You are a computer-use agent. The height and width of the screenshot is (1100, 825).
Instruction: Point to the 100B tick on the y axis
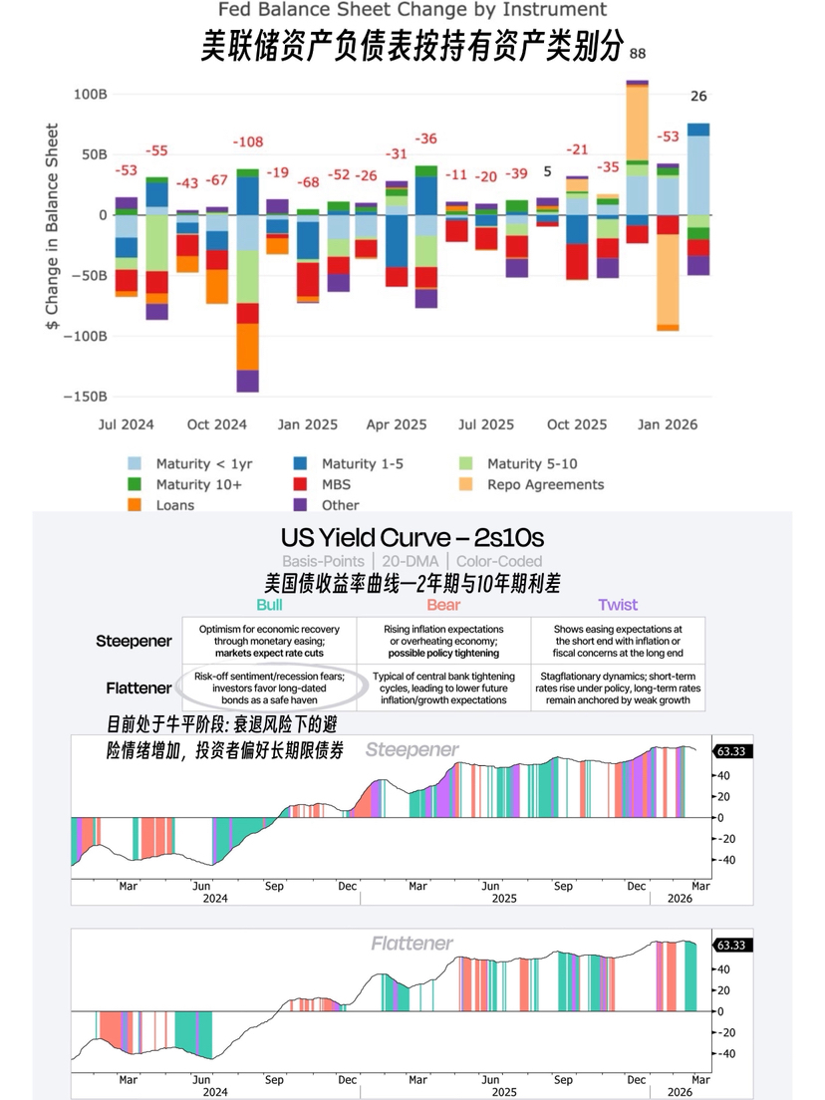pyautogui.click(x=90, y=95)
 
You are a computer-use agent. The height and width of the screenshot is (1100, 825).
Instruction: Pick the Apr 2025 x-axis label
pyautogui.click(x=397, y=424)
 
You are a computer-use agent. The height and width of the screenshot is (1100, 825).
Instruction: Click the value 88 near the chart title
pyautogui.click(x=638, y=53)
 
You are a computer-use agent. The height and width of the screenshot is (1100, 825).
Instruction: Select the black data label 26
pyautogui.click(x=698, y=97)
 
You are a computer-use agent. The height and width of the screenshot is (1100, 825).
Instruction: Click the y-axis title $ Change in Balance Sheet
pyautogui.click(x=52, y=229)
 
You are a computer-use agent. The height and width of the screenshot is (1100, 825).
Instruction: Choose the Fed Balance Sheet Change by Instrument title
pyautogui.click(x=412, y=10)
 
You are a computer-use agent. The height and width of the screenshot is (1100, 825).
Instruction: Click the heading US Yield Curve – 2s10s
pyautogui.click(x=412, y=538)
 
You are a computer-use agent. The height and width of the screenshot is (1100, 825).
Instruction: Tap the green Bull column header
pyautogui.click(x=269, y=605)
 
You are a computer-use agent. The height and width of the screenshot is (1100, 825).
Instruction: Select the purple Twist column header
pyautogui.click(x=618, y=605)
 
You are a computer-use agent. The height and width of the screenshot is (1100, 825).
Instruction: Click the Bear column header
pyautogui.click(x=443, y=605)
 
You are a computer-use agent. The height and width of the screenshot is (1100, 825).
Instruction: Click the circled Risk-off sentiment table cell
pyautogui.click(x=269, y=687)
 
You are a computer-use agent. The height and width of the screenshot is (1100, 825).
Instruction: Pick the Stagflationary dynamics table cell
pyautogui.click(x=618, y=687)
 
